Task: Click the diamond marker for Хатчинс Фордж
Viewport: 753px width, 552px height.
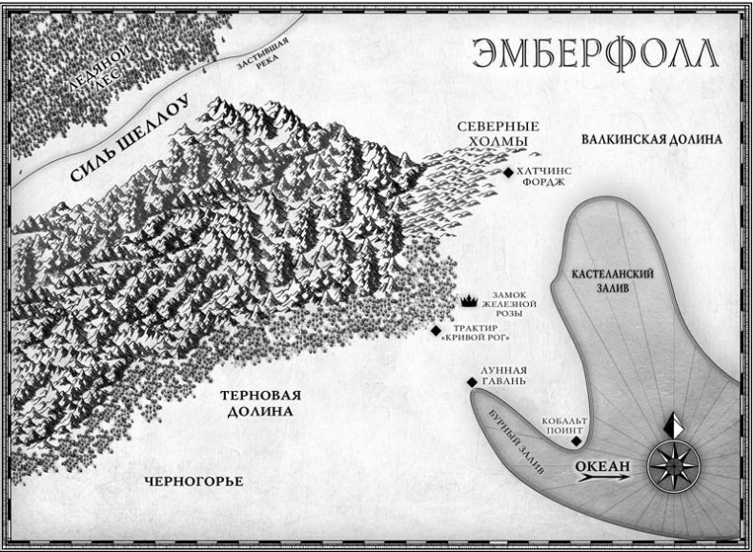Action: pos(508,173)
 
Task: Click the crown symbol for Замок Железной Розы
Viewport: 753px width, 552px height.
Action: pos(469,301)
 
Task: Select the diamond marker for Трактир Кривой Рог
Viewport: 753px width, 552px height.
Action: pos(437,331)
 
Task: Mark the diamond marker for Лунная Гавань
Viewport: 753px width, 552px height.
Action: pos(472,383)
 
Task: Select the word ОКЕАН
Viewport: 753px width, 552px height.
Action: pos(603,464)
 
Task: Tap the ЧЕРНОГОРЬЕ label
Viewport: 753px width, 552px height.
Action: pos(194,480)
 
